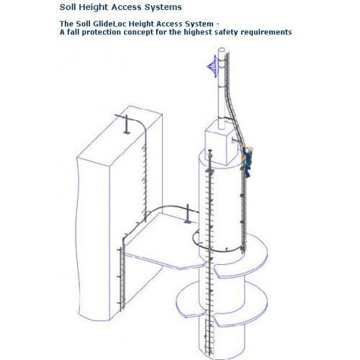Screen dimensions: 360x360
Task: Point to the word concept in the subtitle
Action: [x=143, y=33]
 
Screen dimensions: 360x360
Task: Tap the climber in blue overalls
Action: [x=248, y=161]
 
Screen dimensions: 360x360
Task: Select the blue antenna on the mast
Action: [x=212, y=68]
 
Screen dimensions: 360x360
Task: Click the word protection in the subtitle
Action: [x=101, y=33]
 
